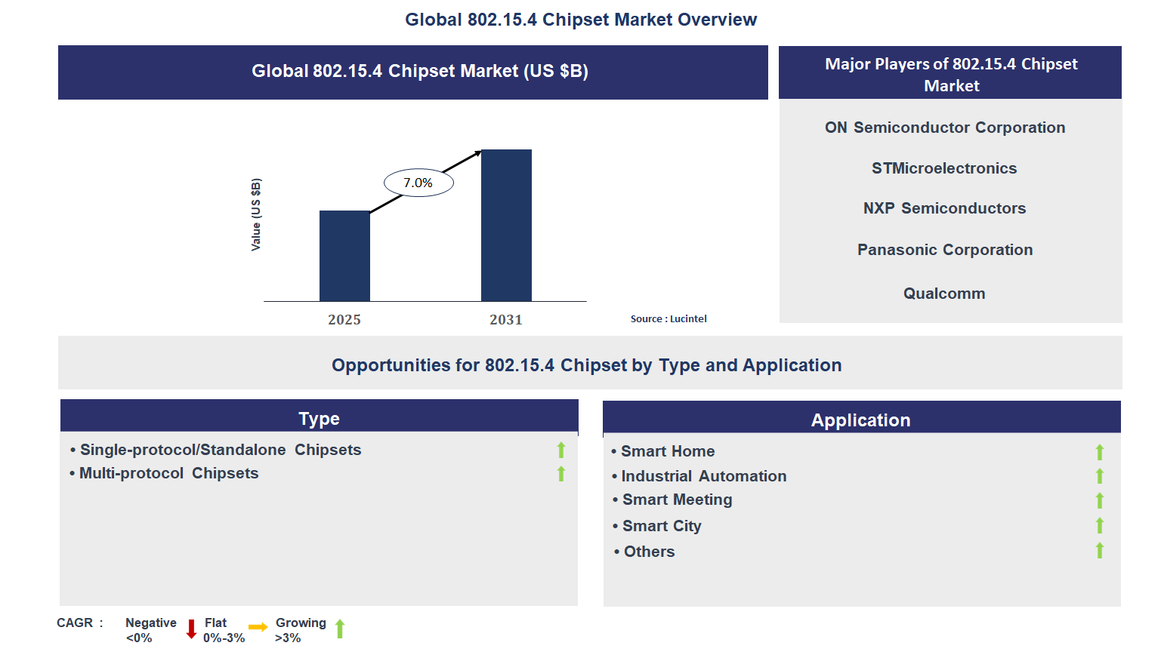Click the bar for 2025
pyautogui.click(x=344, y=256)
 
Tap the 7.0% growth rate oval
pyautogui.click(x=418, y=183)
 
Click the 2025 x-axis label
pyautogui.click(x=344, y=320)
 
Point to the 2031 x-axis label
pyautogui.click(x=506, y=320)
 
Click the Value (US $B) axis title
pyautogui.click(x=256, y=215)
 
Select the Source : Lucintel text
pyautogui.click(x=669, y=319)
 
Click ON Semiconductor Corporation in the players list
pyautogui.click(x=945, y=128)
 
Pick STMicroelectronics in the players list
pyautogui.click(x=944, y=168)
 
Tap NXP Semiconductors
pyautogui.click(x=944, y=208)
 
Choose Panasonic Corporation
pyautogui.click(x=945, y=250)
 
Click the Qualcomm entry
pyautogui.click(x=944, y=294)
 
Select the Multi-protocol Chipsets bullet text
pyautogui.click(x=168, y=473)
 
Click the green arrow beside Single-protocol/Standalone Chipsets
pyautogui.click(x=561, y=450)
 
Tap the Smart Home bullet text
pyautogui.click(x=668, y=451)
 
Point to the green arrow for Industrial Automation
pyautogui.click(x=1100, y=476)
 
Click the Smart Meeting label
pyautogui.click(x=677, y=500)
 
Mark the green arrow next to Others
pyautogui.click(x=1100, y=551)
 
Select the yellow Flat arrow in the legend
pyautogui.click(x=258, y=627)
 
